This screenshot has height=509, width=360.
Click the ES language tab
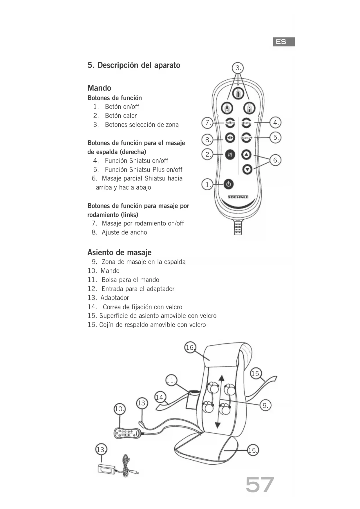284,42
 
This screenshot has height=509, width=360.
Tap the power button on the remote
229,184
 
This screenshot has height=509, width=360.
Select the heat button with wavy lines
230,155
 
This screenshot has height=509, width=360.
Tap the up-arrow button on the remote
247,154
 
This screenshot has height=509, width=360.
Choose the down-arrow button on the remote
247,169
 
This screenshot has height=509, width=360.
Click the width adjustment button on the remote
230,138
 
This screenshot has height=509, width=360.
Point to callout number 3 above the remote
238,68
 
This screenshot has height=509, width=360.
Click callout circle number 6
276,160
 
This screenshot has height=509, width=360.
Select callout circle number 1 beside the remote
207,185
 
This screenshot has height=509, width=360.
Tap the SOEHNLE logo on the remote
238,197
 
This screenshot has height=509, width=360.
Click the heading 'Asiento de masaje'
119,252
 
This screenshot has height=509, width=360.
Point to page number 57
260,485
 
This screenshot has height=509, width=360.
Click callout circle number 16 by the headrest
190,347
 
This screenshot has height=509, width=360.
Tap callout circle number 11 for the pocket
171,380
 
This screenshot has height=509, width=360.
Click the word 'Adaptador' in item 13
115,298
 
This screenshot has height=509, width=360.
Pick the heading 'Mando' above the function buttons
99,88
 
